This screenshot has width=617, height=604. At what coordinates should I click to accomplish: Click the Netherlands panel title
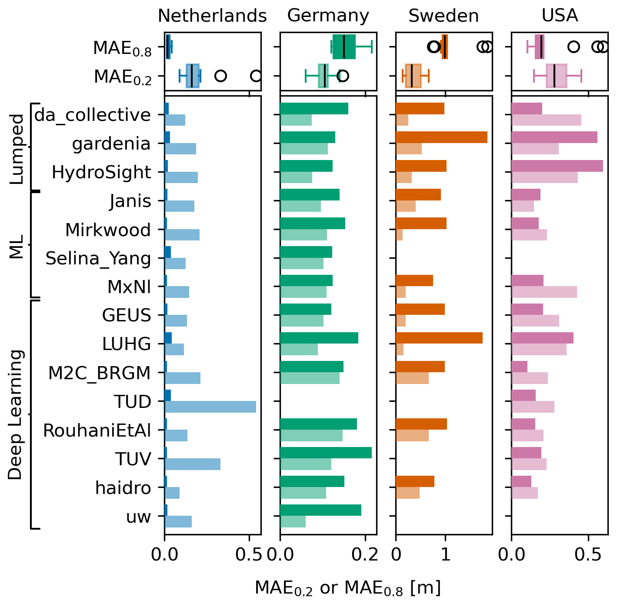[212, 16]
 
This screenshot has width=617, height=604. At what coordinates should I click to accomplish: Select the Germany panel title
[328, 16]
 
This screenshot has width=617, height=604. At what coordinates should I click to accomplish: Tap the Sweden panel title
[444, 16]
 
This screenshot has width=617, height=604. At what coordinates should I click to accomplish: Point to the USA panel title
[560, 16]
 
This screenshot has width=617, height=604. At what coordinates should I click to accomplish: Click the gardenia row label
[111, 143]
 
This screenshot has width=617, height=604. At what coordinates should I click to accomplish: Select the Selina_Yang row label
[98, 258]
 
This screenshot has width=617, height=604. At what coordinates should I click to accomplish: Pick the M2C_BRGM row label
[100, 373]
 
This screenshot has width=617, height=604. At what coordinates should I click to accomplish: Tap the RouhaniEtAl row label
[97, 430]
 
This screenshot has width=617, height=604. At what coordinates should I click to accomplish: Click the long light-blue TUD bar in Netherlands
[210, 407]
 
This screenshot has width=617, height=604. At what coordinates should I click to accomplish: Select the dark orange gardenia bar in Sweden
[441, 137]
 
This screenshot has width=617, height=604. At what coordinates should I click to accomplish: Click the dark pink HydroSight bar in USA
[557, 166]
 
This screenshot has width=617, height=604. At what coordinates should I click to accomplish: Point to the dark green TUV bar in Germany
[326, 453]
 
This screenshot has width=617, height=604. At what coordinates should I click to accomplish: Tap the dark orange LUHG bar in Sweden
[439, 338]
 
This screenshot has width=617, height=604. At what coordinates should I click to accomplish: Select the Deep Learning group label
[16, 414]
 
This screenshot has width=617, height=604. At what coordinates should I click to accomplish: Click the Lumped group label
[17, 149]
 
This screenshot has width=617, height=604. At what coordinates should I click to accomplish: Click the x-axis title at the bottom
[348, 588]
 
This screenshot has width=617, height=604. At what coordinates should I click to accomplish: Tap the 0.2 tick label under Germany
[365, 554]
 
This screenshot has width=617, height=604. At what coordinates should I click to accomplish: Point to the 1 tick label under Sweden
[445, 554]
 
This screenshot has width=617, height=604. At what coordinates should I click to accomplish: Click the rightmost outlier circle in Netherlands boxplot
[256, 76]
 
